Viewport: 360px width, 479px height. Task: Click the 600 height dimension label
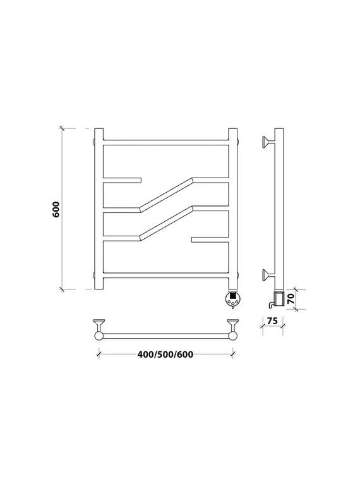[56, 209]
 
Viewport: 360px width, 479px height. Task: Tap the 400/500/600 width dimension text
[165, 355]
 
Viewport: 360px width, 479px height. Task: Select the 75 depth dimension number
[272, 321]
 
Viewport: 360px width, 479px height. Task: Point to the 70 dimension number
[291, 298]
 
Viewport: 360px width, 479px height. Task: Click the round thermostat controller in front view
[232, 299]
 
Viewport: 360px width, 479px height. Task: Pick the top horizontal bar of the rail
[166, 143]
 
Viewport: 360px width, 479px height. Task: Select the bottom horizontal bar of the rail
[166, 276]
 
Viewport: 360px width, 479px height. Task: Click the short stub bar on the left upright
[122, 180]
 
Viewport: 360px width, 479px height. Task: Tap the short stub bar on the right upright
[210, 239]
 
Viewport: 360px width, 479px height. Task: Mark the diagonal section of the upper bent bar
[166, 195]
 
